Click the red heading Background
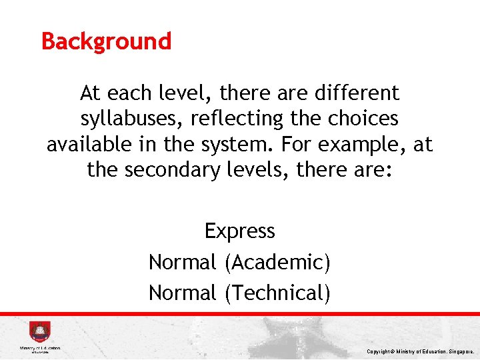click(106, 41)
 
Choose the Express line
click(239, 231)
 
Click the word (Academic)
click(277, 262)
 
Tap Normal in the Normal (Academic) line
click(182, 262)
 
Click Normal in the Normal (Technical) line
click(182, 293)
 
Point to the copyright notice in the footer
click(420, 351)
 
